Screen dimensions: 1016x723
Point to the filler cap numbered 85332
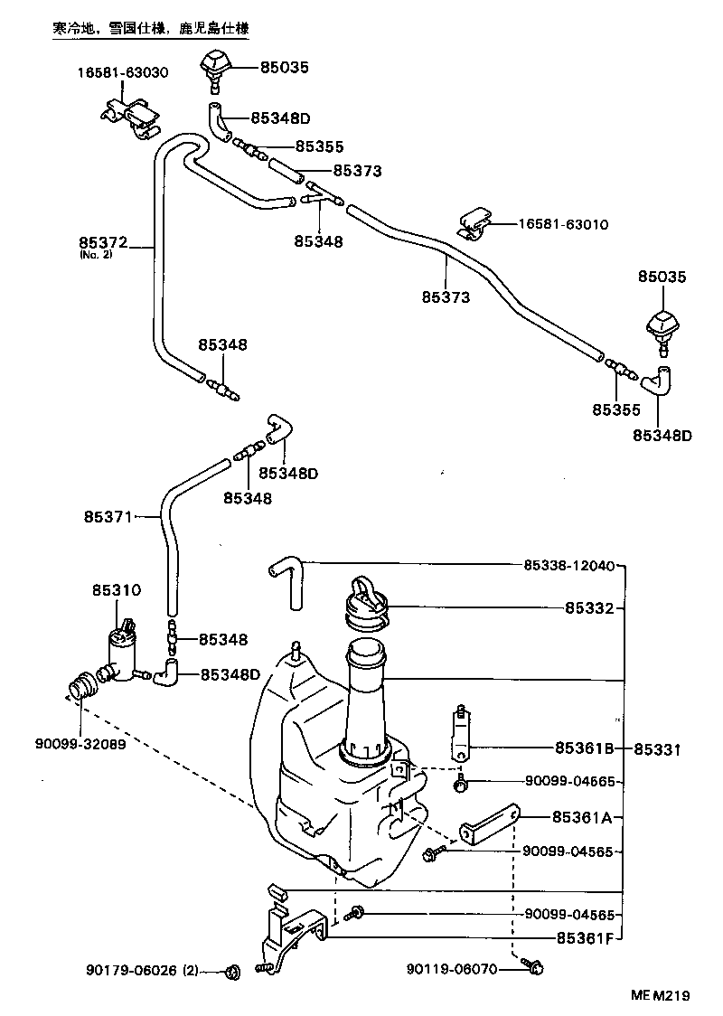(366, 602)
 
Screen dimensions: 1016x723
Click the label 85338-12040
(568, 566)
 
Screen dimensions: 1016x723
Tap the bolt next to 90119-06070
(534, 969)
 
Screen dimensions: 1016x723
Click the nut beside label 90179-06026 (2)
(231, 972)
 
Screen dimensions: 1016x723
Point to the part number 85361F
(584, 937)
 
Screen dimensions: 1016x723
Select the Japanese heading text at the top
(150, 29)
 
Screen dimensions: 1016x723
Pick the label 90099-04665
(568, 781)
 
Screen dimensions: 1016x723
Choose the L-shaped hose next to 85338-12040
(287, 580)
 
